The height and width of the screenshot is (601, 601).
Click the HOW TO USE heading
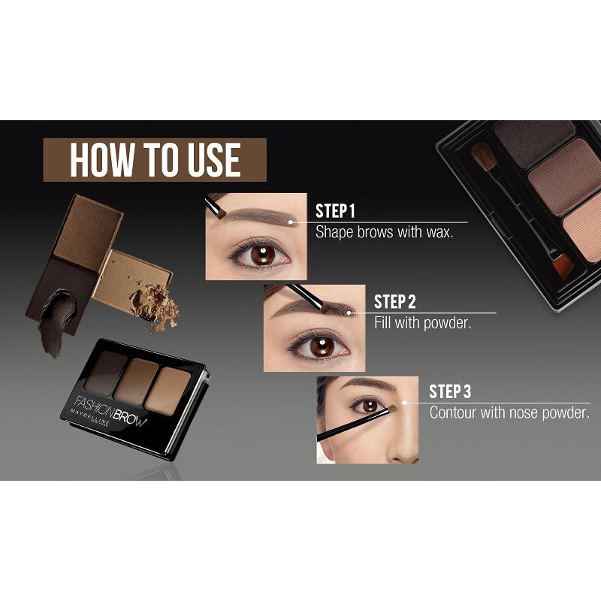tap(155, 159)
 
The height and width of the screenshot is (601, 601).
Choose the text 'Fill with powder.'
tap(422, 323)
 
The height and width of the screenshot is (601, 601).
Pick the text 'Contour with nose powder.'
tap(509, 413)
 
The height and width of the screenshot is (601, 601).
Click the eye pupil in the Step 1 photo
tap(261, 255)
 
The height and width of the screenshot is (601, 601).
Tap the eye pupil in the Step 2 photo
tap(322, 346)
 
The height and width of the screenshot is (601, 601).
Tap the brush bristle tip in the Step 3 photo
tap(390, 409)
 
